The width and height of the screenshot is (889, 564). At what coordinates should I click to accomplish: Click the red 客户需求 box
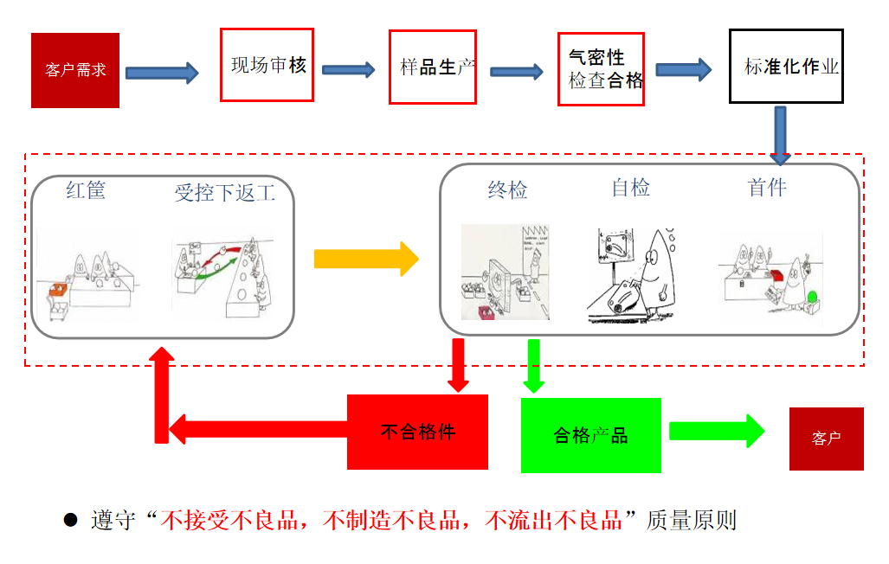coord(75,70)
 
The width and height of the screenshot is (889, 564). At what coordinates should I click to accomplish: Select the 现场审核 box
coord(267,65)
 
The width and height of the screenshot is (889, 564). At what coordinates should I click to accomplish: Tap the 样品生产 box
coord(432,67)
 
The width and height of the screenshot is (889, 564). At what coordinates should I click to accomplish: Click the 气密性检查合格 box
coord(601,69)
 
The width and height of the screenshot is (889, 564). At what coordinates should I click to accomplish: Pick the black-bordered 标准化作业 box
coord(786,66)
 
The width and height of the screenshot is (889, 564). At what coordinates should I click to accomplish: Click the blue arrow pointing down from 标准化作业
coord(781,134)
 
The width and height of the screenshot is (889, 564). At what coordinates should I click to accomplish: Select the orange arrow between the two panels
coord(365,259)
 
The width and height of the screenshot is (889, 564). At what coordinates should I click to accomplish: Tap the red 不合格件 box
coord(417,432)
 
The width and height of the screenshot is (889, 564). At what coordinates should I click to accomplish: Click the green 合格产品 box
coord(590,435)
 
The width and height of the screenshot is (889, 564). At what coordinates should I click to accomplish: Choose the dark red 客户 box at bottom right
coord(826,439)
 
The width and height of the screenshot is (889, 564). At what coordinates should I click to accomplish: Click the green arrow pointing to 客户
coord(716,430)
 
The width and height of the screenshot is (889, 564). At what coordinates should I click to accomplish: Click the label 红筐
coord(86,191)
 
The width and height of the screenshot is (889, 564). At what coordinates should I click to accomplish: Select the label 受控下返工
coord(225,192)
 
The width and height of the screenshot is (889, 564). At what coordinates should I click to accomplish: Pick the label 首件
coord(767,188)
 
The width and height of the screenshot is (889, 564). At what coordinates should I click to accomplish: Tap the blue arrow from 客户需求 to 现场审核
coord(161,73)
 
